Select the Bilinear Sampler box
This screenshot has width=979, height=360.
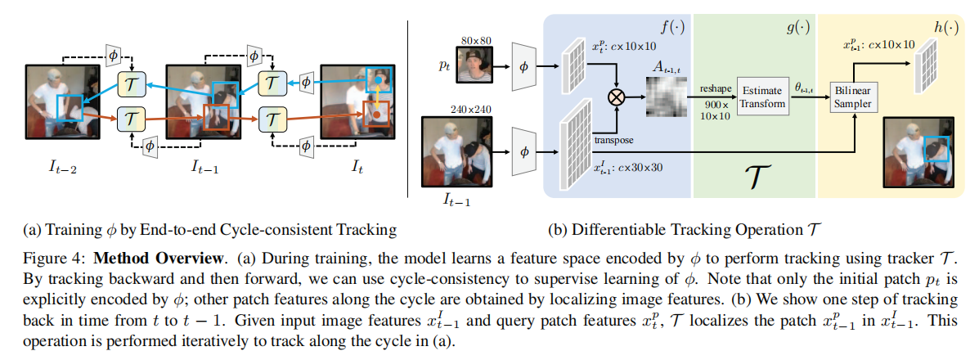854,97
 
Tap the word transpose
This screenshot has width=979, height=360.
614,140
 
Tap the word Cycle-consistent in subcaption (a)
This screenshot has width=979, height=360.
311,227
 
